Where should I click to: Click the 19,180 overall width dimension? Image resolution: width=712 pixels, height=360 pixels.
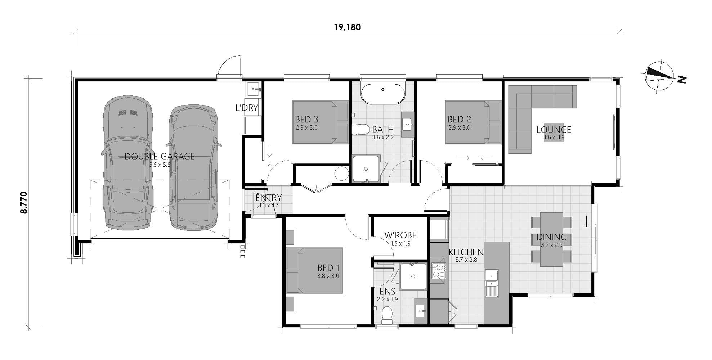[347, 27]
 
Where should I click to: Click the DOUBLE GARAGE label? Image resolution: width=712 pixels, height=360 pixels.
[159, 156]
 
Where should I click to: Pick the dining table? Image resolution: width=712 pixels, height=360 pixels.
[551, 239]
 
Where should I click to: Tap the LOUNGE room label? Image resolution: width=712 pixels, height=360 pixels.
[554, 130]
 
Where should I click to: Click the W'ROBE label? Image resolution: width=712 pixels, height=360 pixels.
[400, 235]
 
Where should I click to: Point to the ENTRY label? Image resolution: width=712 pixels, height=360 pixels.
[268, 198]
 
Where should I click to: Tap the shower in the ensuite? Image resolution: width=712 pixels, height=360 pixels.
[413, 276]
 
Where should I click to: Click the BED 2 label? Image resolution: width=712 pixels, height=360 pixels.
[459, 119]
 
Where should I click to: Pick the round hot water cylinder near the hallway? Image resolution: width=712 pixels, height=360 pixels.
[341, 174]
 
